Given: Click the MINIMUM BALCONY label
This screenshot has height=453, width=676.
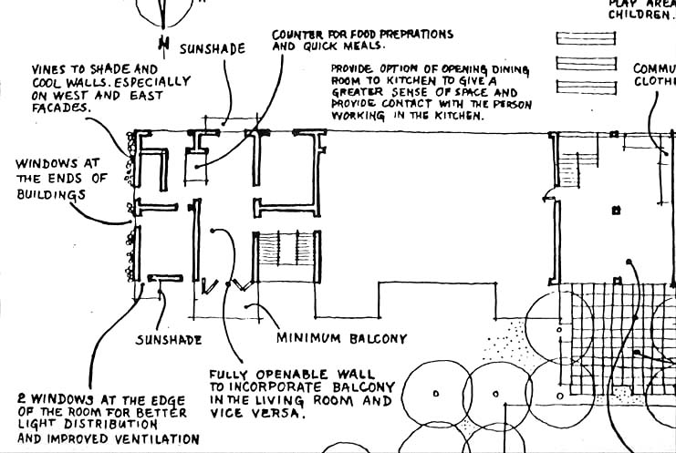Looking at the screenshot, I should tap(341, 339).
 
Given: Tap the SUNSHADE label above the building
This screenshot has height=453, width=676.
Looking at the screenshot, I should tap(212, 48).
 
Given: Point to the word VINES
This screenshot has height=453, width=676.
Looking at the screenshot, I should tap(48, 68).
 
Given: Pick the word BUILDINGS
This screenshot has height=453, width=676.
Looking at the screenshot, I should tap(49, 194).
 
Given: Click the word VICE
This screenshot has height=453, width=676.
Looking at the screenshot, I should tap(227, 413).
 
